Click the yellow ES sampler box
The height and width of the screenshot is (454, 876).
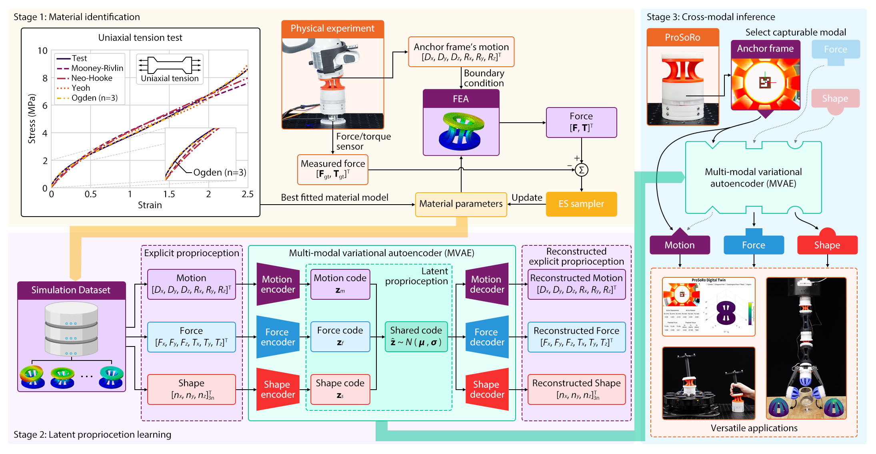pos(581,204)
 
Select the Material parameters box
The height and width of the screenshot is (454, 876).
pos(461,204)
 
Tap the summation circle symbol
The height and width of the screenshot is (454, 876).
pos(581,170)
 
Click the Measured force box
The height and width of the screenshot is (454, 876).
pos(333,169)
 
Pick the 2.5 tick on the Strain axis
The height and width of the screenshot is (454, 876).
pos(248,194)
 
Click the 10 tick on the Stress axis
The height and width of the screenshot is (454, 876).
pos(42,51)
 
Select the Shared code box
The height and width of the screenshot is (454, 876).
pos(416,337)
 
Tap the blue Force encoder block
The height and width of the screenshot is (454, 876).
pos(278,337)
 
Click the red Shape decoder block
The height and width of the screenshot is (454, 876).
pos(487,389)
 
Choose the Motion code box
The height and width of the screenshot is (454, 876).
pos(340,284)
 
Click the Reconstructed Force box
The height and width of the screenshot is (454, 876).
pos(576,337)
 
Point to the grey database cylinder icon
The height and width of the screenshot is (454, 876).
pos(71,329)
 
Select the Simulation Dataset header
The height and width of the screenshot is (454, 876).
pos(71,290)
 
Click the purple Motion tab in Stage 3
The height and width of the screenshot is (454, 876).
pos(680,245)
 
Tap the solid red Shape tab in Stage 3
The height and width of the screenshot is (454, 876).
pos(827,245)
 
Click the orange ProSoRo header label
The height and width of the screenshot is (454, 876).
pos(682,38)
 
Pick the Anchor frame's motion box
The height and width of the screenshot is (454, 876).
pos(461,52)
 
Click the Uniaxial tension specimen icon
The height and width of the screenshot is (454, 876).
pos(170,65)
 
